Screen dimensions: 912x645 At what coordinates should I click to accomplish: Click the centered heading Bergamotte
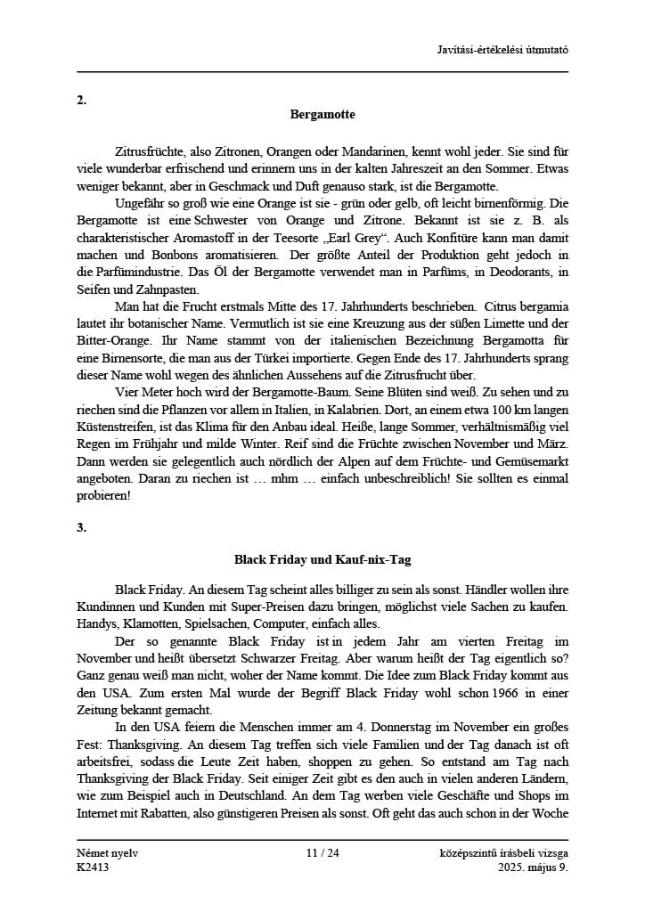pos(322,115)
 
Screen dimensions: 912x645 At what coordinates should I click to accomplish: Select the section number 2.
pos(81,100)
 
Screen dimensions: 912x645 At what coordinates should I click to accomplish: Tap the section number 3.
pos(81,527)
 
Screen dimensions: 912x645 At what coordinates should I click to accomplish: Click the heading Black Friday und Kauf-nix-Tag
pos(322,560)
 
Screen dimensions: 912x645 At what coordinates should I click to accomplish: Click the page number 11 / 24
pos(322,853)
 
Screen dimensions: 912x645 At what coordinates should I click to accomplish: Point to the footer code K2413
pos(93,867)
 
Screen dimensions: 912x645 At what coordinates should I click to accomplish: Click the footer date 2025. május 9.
pos(533,867)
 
